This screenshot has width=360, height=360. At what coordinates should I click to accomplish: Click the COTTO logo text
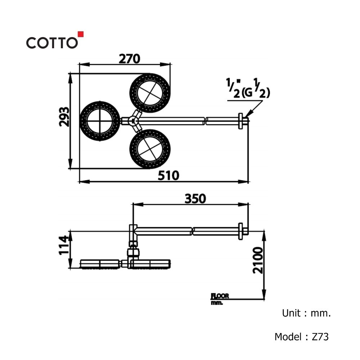pos(52,43)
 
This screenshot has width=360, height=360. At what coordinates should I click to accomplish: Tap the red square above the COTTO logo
pos(81,34)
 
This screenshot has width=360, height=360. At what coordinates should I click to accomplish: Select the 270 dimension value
pos(129,59)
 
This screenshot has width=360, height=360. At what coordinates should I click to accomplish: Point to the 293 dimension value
pos(64,117)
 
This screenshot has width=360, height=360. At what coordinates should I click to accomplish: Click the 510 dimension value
pos(168,176)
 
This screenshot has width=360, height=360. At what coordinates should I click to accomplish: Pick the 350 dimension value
pos(195,199)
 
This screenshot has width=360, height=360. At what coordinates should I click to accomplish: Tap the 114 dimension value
pos(64,245)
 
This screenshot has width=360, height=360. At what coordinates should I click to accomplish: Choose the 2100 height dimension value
pos(258,260)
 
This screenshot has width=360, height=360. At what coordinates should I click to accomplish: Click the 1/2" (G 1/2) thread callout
pos(248,89)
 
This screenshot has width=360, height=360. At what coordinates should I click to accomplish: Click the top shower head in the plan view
pos(150,94)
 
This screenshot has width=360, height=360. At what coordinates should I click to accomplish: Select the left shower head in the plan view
pos(100,121)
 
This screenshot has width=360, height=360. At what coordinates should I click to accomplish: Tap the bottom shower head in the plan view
pos(150,149)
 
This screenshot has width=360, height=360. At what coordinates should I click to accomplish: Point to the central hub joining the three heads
pos(132,121)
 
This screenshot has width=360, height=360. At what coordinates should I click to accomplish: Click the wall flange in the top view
pos(240,121)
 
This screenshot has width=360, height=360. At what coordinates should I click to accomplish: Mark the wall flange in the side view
pos(240,231)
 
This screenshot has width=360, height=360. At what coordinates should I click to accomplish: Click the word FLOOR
pos(220,296)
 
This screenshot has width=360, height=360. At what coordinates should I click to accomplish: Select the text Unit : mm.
pos(306,313)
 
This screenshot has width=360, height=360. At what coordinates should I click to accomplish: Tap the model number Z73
pos(320,337)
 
